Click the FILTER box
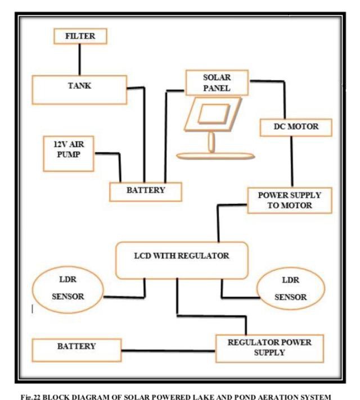pos(79,37)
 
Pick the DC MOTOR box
pos(296,127)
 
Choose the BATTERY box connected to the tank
pos(146,190)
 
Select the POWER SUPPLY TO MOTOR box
pos(290,200)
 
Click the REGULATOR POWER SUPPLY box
pos(269,348)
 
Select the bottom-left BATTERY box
pos(76,348)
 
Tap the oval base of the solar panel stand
pos(210,156)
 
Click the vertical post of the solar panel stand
pos(211,142)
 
